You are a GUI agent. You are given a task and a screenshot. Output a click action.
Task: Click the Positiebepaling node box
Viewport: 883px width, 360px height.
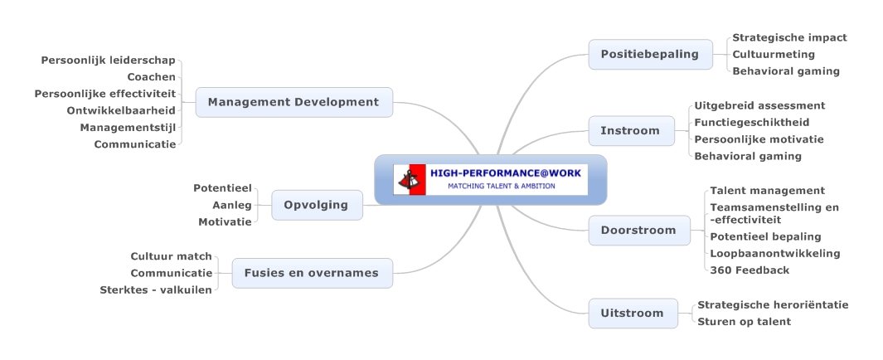(650, 55)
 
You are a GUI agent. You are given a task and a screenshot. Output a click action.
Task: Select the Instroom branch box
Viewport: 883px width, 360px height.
(631, 131)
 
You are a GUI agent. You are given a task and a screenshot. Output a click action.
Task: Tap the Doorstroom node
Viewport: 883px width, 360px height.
(639, 231)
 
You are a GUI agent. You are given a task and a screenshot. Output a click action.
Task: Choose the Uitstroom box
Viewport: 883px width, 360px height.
(633, 314)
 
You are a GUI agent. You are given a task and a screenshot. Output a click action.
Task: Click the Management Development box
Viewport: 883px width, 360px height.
(294, 103)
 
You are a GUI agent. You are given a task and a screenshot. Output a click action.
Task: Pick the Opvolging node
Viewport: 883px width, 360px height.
(317, 205)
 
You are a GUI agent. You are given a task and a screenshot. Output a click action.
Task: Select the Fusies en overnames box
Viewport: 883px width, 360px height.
(313, 273)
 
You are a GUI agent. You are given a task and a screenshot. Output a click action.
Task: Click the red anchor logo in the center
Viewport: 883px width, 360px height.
(410, 180)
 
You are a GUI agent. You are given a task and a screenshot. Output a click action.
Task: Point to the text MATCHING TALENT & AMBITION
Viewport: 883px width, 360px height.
(501, 186)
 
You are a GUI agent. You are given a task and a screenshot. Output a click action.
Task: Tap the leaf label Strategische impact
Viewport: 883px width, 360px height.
(789, 38)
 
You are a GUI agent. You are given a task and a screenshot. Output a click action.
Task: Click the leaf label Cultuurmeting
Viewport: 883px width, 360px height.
(774, 55)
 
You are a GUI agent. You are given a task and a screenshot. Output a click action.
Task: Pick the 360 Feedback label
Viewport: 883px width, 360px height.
(750, 270)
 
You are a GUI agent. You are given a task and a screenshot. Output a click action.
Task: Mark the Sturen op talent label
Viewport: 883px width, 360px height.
(744, 322)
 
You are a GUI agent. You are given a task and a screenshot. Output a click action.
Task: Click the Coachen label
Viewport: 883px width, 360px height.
(152, 77)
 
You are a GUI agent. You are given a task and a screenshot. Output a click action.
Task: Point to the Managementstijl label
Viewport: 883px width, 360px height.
(128, 128)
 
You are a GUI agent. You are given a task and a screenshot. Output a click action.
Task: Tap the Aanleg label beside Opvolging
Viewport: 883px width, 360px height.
(232, 205)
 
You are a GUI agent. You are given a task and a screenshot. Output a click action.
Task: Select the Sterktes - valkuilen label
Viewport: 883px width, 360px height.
(156, 290)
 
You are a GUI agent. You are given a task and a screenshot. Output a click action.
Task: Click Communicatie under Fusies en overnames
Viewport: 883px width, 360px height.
(171, 273)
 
